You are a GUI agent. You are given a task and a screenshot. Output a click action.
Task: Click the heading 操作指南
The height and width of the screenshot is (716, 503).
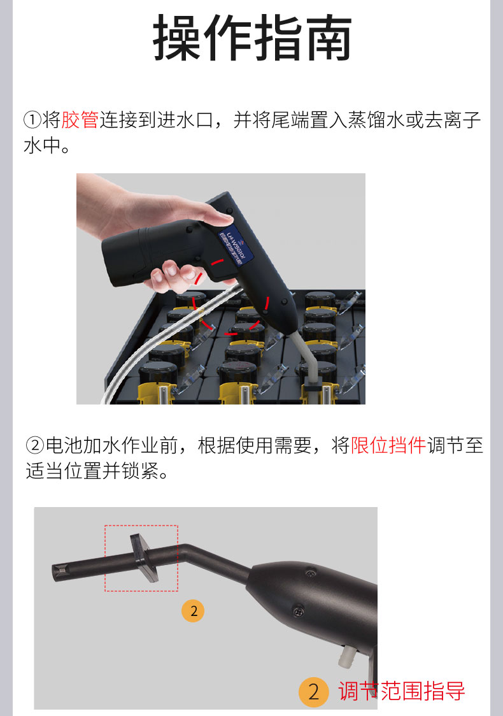pyautogui.click(x=252, y=39)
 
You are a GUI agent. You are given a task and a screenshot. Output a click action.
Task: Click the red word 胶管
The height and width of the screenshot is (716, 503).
pyautogui.click(x=80, y=119)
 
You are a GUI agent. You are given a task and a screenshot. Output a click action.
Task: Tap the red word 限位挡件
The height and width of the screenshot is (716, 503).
pyautogui.click(x=388, y=445)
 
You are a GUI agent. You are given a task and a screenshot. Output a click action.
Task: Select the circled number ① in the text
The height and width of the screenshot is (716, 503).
pyautogui.click(x=32, y=120)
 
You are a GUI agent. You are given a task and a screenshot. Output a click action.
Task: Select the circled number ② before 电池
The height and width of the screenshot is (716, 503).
pyautogui.click(x=34, y=445)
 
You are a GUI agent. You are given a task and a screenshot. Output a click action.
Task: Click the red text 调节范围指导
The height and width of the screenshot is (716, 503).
pyautogui.click(x=402, y=691)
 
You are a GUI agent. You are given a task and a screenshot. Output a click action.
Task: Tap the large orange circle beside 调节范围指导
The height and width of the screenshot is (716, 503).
pyautogui.click(x=313, y=692)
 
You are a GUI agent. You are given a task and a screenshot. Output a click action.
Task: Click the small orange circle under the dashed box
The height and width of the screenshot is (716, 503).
pyautogui.click(x=194, y=611)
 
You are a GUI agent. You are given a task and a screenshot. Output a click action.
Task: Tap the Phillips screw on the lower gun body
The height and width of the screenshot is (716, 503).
pyautogui.click(x=298, y=612)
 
